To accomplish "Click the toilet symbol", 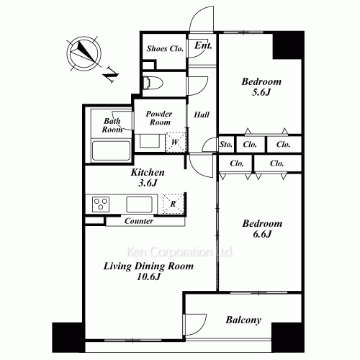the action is point(153,84).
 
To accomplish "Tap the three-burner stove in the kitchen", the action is point(101,204).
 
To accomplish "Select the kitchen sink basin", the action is point(139,204).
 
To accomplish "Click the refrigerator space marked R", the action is point(173,204).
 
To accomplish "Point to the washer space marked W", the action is point(176,142).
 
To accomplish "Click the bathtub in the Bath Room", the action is point(111,150).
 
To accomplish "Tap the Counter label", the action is point(139,221).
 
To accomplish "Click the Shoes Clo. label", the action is point(165,49).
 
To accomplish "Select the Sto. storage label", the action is point(226,145).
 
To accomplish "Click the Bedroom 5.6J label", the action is point(261,86).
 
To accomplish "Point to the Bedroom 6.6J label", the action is point(262,228).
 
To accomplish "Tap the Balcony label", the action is point(243,320).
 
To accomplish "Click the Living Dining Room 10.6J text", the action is point(148,271).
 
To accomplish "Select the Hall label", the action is point(202,114).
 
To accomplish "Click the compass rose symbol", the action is point(84,54).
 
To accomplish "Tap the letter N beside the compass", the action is point(111,74).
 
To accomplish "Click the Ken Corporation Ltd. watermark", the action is point(180,252).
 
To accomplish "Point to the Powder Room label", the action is point(159,118).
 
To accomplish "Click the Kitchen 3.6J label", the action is point(148,178).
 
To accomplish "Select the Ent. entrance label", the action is point(203,45).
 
